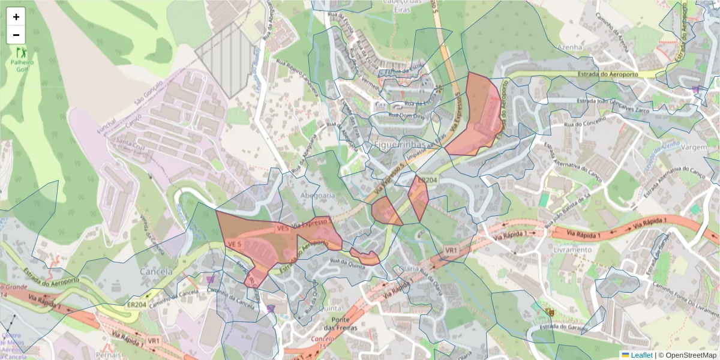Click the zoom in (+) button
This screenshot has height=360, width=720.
pos(16,17)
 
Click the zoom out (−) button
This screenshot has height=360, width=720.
pos(16,35)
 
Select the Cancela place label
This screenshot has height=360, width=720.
pos(156,271)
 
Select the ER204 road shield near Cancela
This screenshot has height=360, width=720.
pos(137,305)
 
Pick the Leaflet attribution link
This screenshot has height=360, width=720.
pos(641,355)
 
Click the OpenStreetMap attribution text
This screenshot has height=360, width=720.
pos(688,355)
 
